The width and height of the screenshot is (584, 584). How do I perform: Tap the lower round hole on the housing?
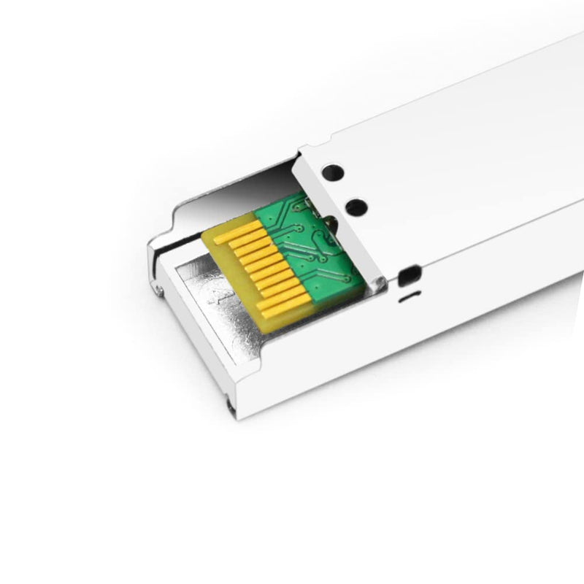358,207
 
